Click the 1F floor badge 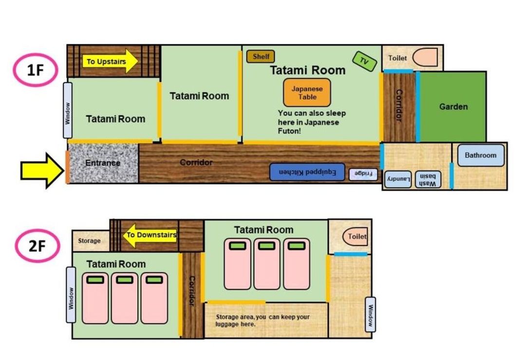[x=35, y=70]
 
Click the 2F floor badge [x=37, y=246]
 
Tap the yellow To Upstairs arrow [x=110, y=61]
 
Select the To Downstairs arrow [x=150, y=235]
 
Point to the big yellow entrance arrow [x=42, y=171]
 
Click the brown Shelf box [x=261, y=57]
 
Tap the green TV [x=364, y=61]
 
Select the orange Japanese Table [x=307, y=93]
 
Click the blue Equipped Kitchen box [x=307, y=172]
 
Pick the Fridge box [x=363, y=174]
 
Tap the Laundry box [x=398, y=179]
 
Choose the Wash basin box [x=428, y=179]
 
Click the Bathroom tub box [x=481, y=155]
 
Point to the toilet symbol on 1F [x=425, y=57]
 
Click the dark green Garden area [x=453, y=107]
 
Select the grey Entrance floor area [x=103, y=163]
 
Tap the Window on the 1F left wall [x=68, y=111]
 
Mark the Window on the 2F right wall [x=370, y=314]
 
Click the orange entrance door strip [x=67, y=167]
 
